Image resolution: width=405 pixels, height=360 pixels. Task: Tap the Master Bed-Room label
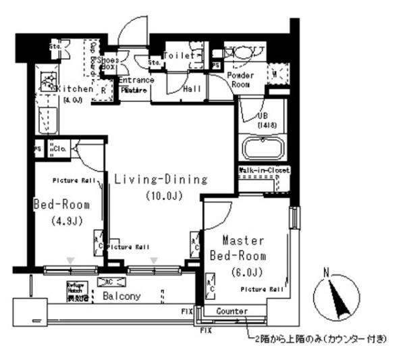[238, 249]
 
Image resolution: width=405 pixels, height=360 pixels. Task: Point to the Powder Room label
[240, 80]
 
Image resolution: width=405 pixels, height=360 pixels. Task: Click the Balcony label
[122, 297]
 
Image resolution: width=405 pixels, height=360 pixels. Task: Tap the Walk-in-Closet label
[263, 171]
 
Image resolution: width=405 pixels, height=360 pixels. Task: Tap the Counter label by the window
[231, 311]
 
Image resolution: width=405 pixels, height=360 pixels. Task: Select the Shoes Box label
[109, 63]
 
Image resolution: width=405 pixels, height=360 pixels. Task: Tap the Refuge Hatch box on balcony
[76, 289]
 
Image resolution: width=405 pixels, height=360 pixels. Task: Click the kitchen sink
[49, 82]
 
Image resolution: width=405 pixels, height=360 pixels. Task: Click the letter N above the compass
[327, 274]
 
